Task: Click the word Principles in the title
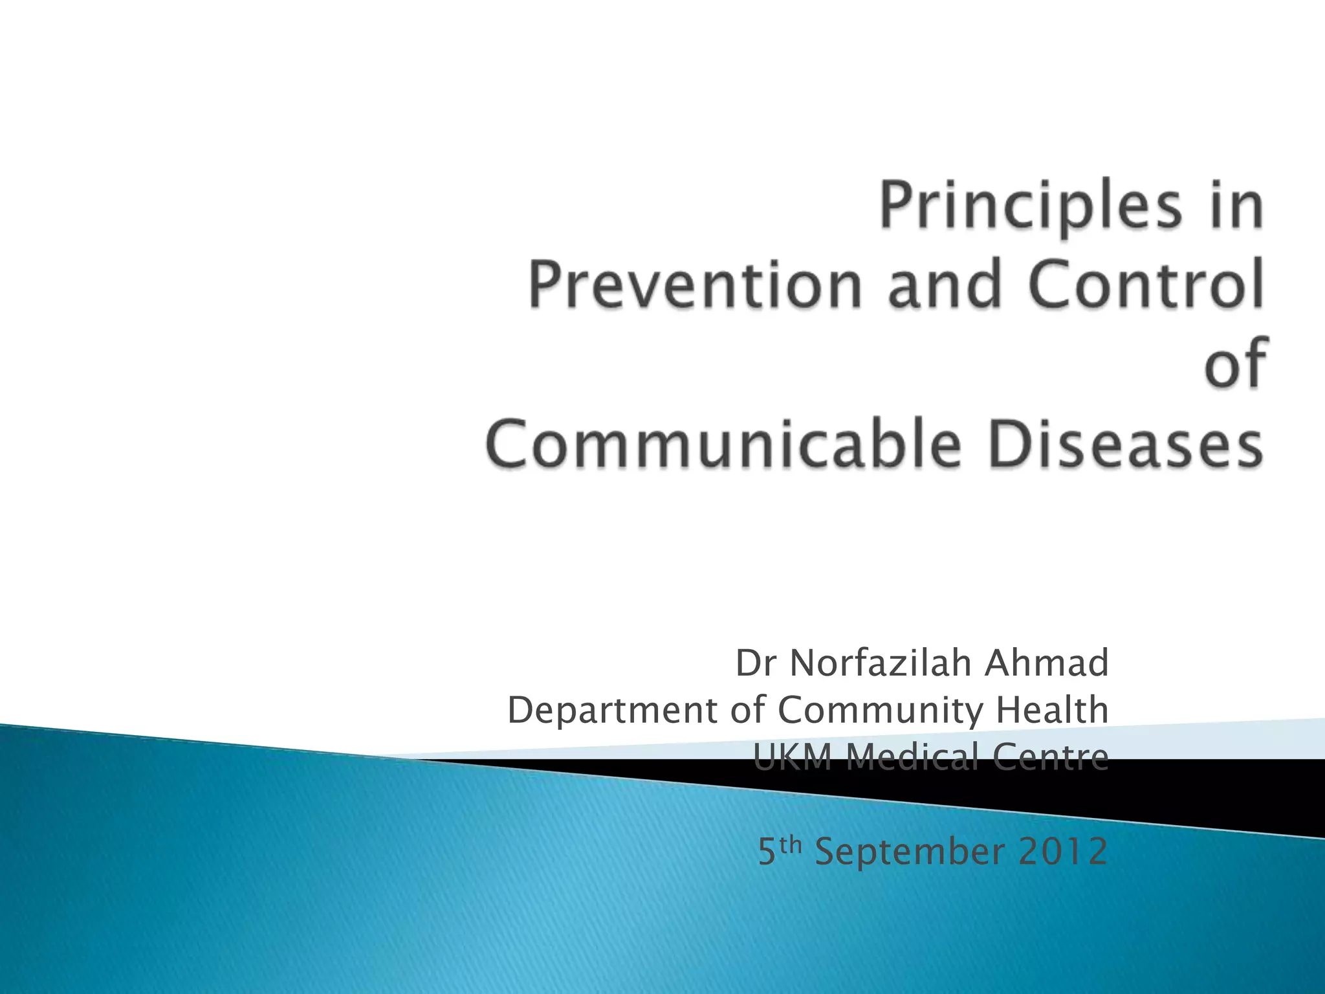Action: pos(1029,207)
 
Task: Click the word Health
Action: pos(1052,710)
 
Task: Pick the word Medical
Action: pos(912,757)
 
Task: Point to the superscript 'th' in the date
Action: pos(792,844)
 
